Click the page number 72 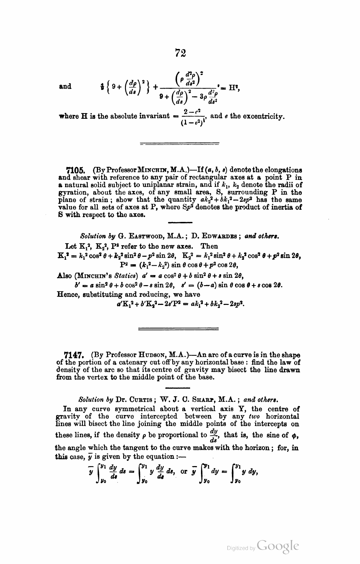click(x=180, y=53)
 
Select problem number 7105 click(x=75, y=171)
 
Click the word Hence click(x=66, y=295)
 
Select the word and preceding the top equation click(x=65, y=86)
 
